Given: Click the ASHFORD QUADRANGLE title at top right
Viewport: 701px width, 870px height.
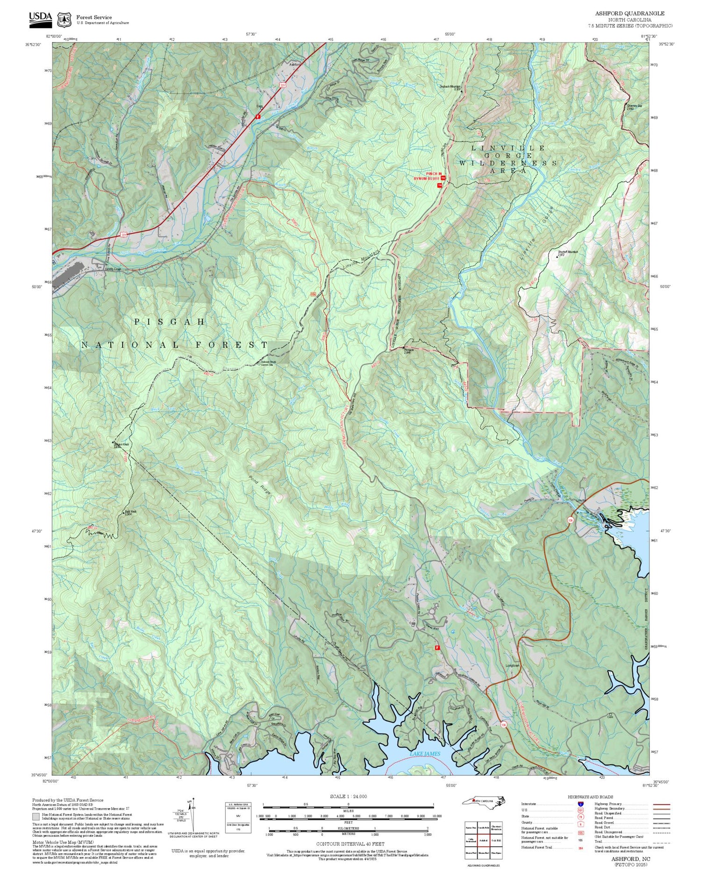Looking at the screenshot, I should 629,14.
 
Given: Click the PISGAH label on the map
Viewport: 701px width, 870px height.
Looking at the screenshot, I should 170,321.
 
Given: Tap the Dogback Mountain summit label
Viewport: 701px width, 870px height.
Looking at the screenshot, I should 450,86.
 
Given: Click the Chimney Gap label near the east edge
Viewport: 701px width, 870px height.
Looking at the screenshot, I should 634,107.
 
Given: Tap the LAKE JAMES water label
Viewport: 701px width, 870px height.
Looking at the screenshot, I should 425,754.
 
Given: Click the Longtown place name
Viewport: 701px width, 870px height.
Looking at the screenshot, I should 513,665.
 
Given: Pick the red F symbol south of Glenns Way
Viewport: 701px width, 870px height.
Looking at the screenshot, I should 437,648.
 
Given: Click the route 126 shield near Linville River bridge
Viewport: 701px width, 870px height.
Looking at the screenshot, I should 571,519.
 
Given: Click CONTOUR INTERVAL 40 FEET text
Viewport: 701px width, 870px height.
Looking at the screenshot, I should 350,844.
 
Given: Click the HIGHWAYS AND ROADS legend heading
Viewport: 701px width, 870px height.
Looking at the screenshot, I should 590,797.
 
